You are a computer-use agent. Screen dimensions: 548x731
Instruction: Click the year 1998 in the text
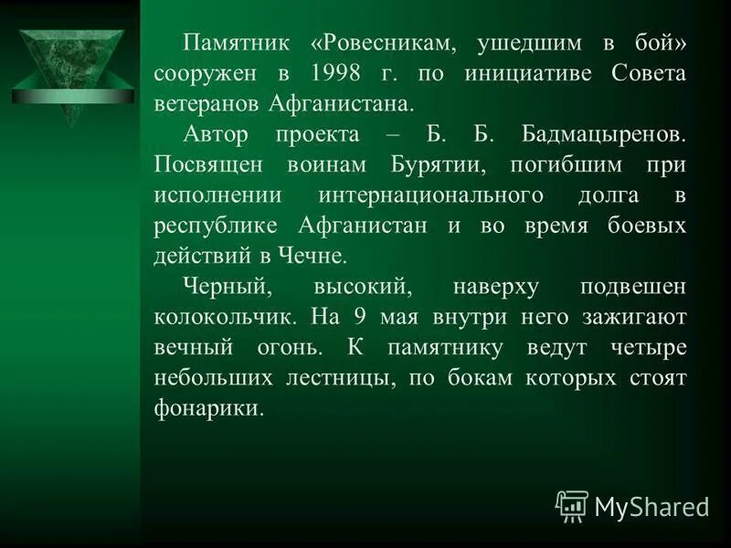(x=334, y=73)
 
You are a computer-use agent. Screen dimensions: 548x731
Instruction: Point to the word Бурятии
(x=450, y=165)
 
